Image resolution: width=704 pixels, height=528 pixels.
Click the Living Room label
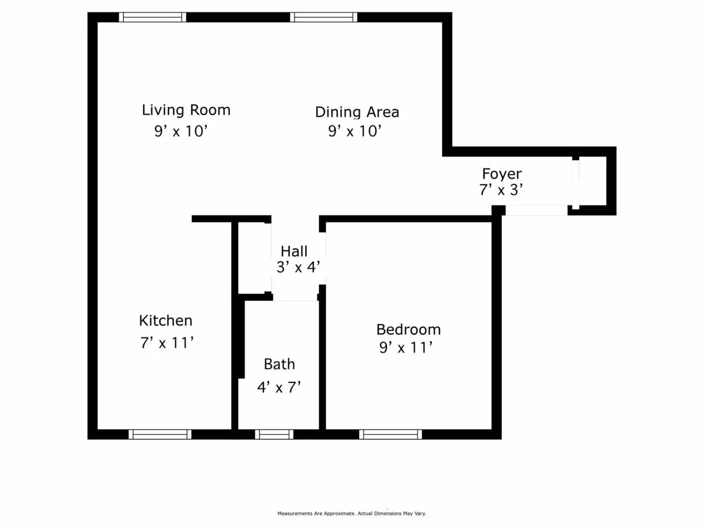(x=186, y=110)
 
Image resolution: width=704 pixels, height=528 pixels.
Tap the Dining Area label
(x=357, y=111)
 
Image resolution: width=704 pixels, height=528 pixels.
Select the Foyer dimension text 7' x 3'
(x=500, y=189)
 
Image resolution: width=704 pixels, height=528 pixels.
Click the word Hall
(x=294, y=252)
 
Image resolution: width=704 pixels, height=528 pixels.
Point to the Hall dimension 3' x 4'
(x=299, y=268)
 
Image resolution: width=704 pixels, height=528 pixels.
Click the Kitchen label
(x=165, y=321)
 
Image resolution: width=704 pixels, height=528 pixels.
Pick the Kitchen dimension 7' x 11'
(x=167, y=343)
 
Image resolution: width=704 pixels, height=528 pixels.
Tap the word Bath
(x=279, y=364)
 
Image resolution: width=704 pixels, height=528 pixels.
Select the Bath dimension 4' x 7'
(x=279, y=387)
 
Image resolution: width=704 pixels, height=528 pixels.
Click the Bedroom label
(x=408, y=330)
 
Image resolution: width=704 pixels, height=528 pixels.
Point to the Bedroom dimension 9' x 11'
(x=406, y=348)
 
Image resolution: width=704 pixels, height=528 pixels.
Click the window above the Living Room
(x=153, y=17)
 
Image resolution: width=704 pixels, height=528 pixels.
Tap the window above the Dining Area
(x=323, y=17)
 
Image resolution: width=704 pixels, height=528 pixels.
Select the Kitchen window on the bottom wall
(x=160, y=434)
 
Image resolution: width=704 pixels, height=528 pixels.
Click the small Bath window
(x=274, y=434)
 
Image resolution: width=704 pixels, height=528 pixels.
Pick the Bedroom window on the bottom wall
(x=390, y=434)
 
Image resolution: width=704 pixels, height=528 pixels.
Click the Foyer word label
(x=502, y=174)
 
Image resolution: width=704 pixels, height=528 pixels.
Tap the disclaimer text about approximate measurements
(x=351, y=513)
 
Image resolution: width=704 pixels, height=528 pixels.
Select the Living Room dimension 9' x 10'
(x=181, y=131)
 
